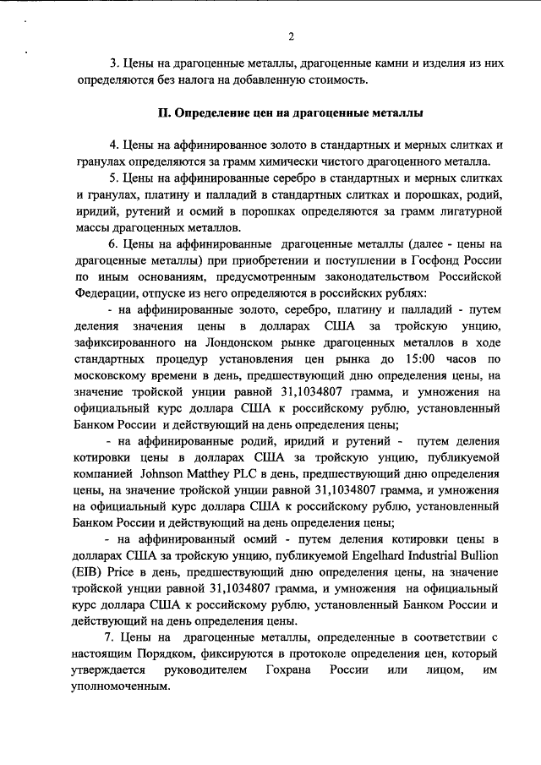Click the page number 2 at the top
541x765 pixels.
[291, 36]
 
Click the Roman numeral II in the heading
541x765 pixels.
[165, 112]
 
